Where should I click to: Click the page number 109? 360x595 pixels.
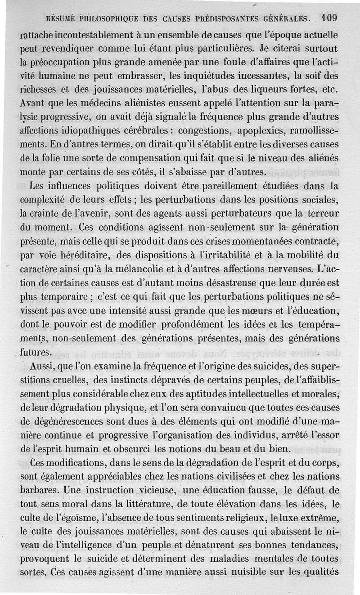click(330, 19)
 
